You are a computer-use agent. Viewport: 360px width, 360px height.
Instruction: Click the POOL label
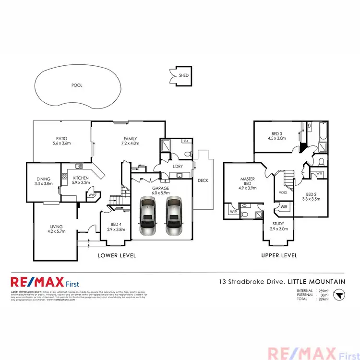tap(77, 85)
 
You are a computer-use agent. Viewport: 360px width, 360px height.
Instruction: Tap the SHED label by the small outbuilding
tap(184, 76)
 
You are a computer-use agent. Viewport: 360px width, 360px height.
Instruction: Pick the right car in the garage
tap(173, 217)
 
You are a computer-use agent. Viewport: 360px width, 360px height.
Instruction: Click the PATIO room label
tap(62, 140)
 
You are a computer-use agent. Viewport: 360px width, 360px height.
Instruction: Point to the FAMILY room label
tap(130, 140)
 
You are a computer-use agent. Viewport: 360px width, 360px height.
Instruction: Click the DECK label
tap(203, 180)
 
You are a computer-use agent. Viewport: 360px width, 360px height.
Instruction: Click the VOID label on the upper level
tap(283, 193)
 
